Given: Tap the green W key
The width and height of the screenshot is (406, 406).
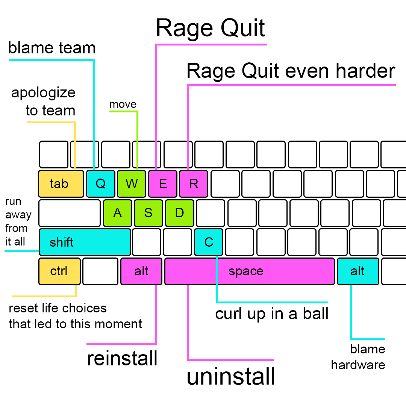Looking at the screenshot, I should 131,184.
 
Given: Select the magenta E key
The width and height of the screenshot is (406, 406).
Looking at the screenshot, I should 162,184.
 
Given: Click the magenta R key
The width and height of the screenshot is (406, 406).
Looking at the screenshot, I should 193,184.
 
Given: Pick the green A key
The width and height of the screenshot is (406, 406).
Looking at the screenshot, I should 118,213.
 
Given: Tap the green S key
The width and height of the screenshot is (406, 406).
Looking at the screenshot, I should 148,213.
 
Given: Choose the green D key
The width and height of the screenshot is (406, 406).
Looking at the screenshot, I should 180,213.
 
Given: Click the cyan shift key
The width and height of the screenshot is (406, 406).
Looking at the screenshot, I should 85,242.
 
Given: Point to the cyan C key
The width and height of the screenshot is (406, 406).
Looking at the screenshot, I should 209,242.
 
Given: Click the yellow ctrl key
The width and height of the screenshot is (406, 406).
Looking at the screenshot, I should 59,271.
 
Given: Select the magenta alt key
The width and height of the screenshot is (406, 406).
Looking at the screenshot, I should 141,271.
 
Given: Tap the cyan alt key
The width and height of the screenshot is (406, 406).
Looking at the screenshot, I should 358,271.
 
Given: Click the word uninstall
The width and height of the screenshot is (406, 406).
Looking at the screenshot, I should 231,377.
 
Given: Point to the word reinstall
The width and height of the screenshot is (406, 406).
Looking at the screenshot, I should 122,359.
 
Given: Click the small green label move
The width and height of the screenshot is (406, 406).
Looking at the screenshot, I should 123,104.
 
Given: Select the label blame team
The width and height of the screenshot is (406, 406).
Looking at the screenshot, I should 52,48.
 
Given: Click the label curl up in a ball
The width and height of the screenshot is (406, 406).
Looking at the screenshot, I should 272,314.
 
